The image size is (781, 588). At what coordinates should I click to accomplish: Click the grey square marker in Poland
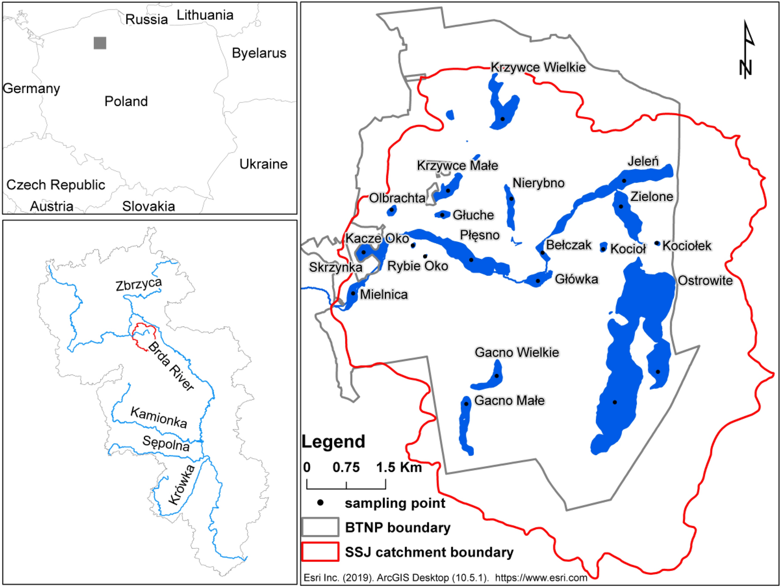click(100, 43)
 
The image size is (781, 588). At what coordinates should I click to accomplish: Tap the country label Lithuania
click(205, 15)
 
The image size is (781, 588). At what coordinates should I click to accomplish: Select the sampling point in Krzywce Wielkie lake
click(503, 119)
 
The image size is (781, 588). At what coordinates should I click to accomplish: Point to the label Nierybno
click(538, 183)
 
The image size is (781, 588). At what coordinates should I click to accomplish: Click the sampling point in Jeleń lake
click(624, 181)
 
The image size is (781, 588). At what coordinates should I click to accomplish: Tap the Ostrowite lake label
click(705, 280)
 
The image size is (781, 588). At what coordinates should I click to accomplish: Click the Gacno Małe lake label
click(509, 400)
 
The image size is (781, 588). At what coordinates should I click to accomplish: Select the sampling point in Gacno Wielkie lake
click(496, 376)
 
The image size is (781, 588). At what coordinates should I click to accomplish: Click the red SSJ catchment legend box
click(320, 552)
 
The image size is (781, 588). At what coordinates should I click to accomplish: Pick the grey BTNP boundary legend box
click(320, 527)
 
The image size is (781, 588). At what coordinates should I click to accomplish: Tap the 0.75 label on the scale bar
click(346, 467)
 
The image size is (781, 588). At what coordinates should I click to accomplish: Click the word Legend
click(333, 441)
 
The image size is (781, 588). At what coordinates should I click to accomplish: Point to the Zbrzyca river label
click(139, 284)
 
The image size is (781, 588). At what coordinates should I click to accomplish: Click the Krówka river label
click(182, 485)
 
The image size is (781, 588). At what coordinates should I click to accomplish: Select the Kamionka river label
click(159, 418)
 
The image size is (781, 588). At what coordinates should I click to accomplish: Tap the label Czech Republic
click(56, 185)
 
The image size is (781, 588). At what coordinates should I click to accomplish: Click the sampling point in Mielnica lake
click(353, 293)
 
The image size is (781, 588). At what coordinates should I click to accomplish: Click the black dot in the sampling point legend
click(321, 502)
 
